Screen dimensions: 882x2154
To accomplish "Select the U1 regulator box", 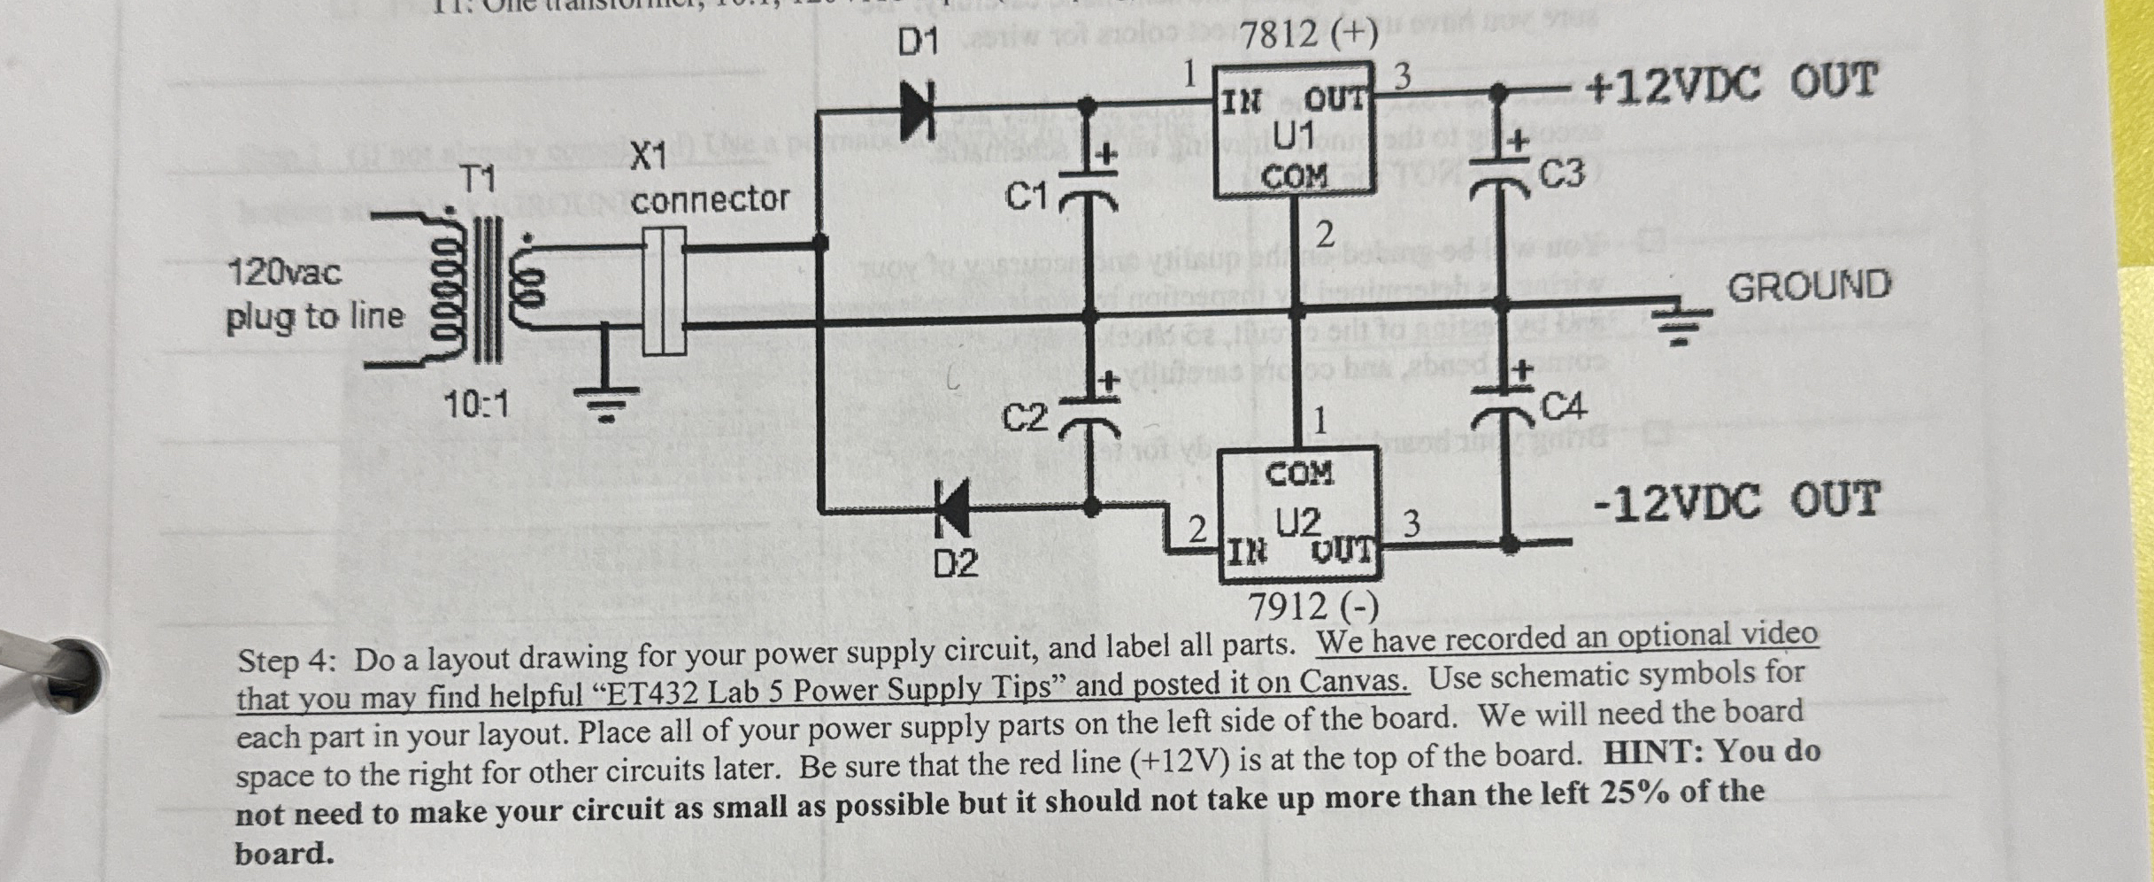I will pyautogui.click(x=1294, y=129).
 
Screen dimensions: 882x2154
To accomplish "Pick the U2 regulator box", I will pyautogui.click(x=1299, y=515).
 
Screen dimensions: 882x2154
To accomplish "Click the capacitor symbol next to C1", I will pyautogui.click(x=1089, y=197).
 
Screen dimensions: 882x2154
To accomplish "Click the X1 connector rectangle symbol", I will pyautogui.click(x=663, y=291).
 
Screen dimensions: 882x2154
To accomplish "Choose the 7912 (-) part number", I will pyautogui.click(x=1313, y=607).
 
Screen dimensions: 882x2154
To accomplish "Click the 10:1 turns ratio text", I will pyautogui.click(x=476, y=406).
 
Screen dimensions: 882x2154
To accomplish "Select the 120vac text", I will pyautogui.click(x=284, y=272).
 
